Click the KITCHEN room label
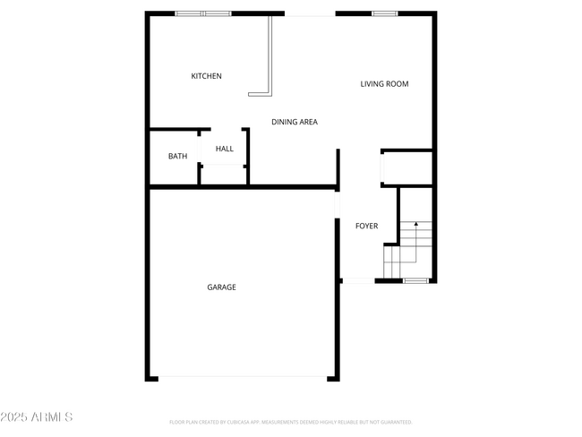206,76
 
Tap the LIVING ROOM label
384,84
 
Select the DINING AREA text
295,122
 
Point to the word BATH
178,157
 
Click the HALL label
224,149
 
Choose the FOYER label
366,226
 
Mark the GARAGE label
222,287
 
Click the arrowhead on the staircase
415,225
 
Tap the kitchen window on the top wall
202,13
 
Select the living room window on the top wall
385,13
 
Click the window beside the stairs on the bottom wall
415,281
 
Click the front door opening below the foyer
358,281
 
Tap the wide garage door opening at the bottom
243,377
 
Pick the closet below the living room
407,167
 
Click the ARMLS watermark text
39,417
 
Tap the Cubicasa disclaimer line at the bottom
290,422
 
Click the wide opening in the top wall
310,13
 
